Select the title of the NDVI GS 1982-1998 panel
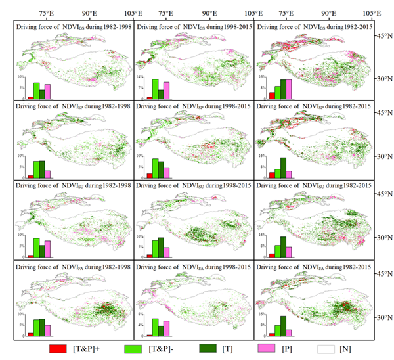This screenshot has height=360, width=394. coord(74,26)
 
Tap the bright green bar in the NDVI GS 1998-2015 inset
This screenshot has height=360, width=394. coord(155,89)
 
